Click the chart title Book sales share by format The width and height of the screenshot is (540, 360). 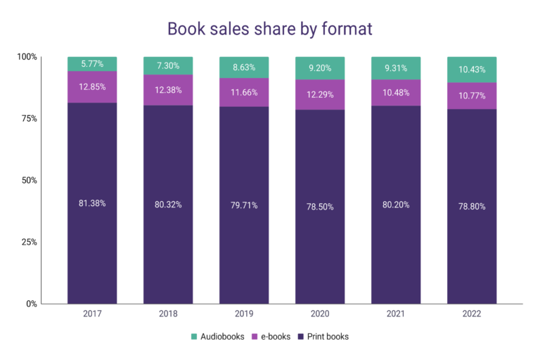(269, 29)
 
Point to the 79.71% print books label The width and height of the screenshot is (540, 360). (244, 205)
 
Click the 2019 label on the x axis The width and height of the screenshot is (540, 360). (244, 314)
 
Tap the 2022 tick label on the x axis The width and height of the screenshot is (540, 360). (472, 314)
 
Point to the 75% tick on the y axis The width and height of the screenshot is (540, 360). (27, 119)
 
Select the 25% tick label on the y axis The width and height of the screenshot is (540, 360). (27, 243)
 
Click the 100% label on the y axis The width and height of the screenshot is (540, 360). (25, 57)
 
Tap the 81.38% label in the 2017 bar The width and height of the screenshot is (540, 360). (92, 203)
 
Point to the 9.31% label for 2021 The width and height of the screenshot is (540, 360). (396, 67)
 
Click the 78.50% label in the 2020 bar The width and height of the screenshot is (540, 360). (320, 207)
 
